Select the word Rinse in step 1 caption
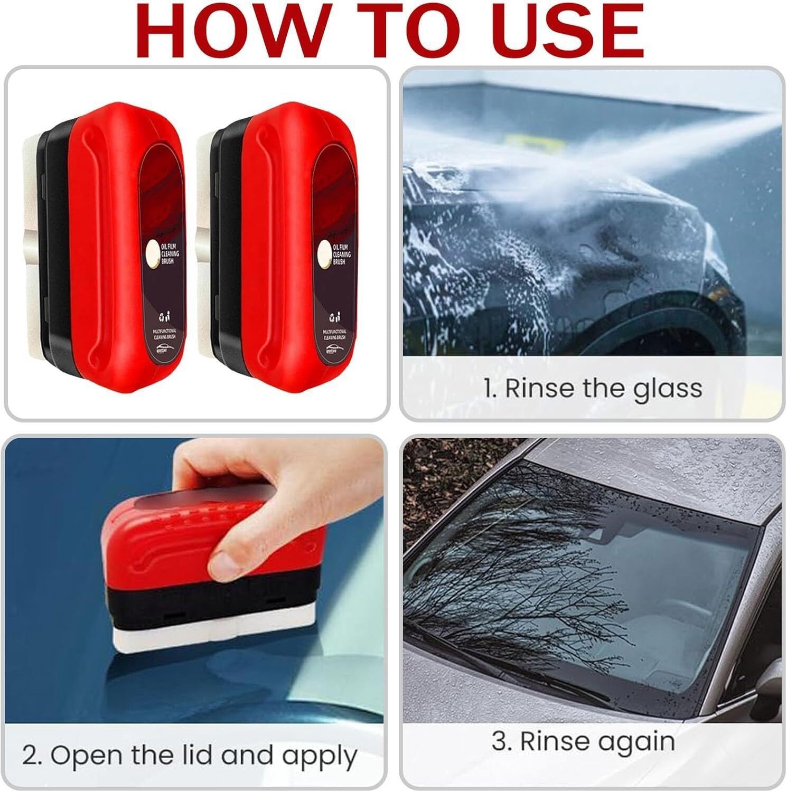click(x=538, y=389)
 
